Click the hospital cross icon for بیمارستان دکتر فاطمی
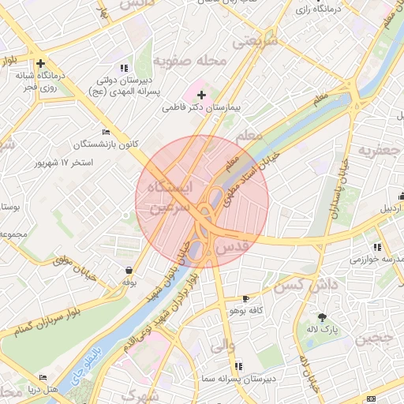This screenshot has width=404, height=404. click(200, 95)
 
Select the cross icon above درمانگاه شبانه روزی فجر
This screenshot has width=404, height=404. click(39, 63)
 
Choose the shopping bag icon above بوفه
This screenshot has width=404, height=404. click(129, 270)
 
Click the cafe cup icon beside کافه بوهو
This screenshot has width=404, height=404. click(245, 299)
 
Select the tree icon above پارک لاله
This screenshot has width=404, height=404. click(321, 316)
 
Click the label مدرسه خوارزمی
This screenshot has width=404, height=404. click(377, 260)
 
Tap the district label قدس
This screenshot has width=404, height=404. click(232, 247)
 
